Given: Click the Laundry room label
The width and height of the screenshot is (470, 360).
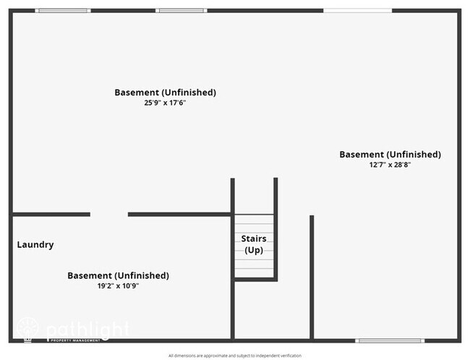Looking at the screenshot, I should click(35, 244).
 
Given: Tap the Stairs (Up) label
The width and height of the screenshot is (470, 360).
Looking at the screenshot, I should click(253, 244).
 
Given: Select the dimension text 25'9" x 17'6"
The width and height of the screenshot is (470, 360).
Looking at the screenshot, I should click(165, 103).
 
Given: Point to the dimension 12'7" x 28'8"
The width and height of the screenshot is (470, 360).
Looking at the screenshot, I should click(390, 165).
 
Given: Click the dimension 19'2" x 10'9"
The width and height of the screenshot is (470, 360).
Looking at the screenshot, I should click(118, 286).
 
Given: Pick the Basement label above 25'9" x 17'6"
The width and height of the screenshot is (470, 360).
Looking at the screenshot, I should click(165, 92).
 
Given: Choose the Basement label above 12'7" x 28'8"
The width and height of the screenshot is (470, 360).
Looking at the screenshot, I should click(390, 154).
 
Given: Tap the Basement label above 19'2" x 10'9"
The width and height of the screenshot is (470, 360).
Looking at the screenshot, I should click(118, 275).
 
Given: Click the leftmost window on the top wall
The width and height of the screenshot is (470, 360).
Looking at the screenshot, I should click(63, 10).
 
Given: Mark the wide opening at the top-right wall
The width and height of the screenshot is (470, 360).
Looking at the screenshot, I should click(356, 10).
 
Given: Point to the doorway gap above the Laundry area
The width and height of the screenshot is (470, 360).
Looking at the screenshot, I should click(109, 214).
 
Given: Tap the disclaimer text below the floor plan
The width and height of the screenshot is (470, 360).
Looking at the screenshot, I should click(235, 356).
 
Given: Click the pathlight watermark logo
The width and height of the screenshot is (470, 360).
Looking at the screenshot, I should click(72, 330).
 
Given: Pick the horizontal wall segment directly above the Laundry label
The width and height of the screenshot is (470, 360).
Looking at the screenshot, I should click(51, 214).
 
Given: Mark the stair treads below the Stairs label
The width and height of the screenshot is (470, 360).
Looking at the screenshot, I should click(254, 267).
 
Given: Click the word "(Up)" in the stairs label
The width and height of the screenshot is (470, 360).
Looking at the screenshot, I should click(253, 250).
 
